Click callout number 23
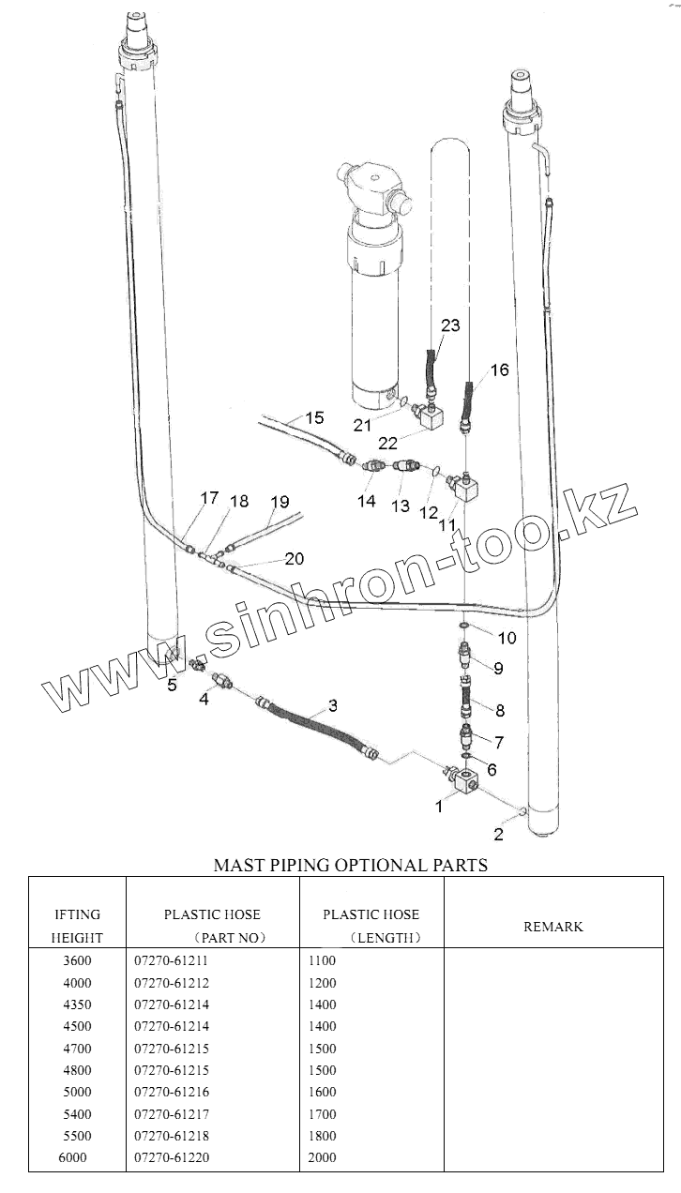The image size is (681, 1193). (451, 325)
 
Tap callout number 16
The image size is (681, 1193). (499, 370)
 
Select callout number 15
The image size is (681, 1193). (314, 417)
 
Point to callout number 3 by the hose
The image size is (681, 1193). (333, 705)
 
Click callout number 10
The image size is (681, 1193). (507, 638)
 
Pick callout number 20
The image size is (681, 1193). (294, 558)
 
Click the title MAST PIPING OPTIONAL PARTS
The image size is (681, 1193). (351, 865)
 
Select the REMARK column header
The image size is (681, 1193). (552, 927)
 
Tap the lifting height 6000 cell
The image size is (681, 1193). (72, 1157)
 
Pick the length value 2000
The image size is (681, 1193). (322, 1157)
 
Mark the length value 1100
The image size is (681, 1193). (322, 961)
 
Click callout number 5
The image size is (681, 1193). (172, 685)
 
